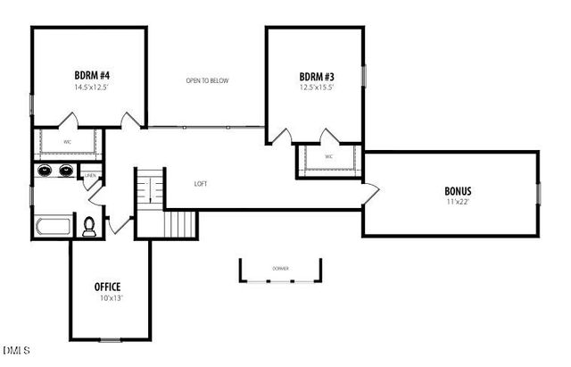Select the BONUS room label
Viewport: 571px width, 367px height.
(x=458, y=191)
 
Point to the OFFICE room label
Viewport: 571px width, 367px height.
(x=108, y=287)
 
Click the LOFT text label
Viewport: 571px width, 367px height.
(x=202, y=184)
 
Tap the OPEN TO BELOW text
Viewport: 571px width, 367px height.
(x=207, y=81)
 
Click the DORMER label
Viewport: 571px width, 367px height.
(x=280, y=268)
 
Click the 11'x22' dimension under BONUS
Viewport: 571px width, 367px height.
(x=458, y=202)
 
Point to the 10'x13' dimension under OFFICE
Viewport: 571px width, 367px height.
(x=108, y=298)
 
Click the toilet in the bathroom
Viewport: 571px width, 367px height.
(x=89, y=228)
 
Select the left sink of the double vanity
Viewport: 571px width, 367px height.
(x=46, y=171)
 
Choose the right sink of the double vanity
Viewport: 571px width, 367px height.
(x=65, y=171)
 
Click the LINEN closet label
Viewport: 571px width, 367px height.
(x=90, y=176)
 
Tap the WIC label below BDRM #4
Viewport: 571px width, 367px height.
(x=68, y=141)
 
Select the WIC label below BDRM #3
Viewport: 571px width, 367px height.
(x=328, y=157)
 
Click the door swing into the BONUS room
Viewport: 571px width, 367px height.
(x=369, y=191)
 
